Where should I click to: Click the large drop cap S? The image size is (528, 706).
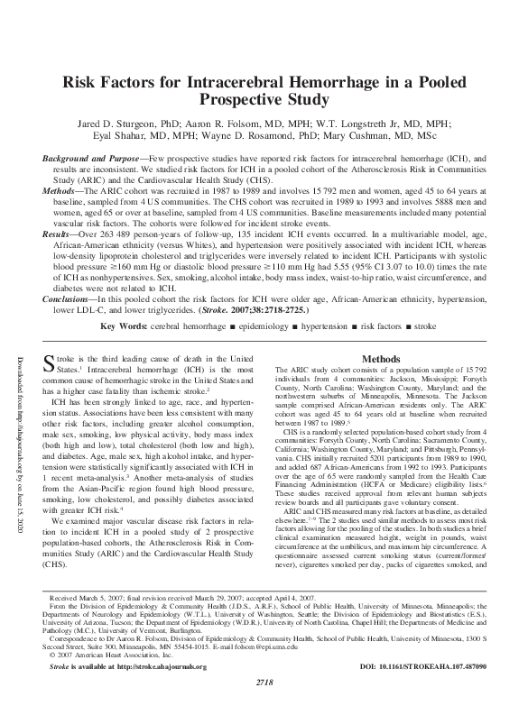tap(51, 365)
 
